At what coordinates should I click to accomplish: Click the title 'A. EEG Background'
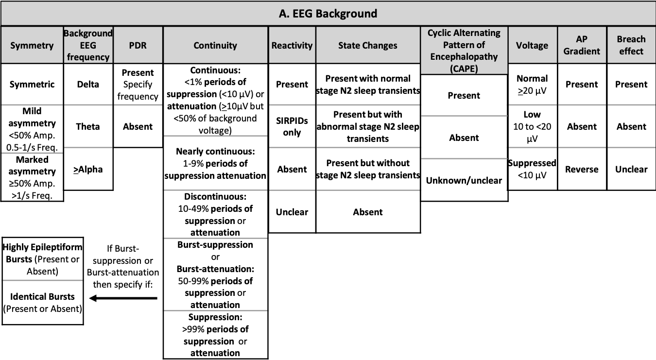pos(328,13)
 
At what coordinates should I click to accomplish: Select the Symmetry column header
pos(32,45)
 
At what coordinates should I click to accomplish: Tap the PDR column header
pos(138,45)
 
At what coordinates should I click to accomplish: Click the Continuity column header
pos(215,45)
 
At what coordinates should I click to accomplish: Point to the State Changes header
pos(368,45)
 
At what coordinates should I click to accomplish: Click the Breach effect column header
pos(631,45)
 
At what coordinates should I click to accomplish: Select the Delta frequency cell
pos(88,84)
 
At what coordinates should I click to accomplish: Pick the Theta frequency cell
pos(88,126)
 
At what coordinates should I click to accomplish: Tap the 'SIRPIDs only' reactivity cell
pos(292,126)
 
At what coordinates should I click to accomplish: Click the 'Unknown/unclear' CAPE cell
pos(464,180)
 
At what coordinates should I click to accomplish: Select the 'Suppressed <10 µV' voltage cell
pos(532,169)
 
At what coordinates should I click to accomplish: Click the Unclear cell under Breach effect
pos(631,169)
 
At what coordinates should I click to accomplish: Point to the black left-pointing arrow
pos(123,298)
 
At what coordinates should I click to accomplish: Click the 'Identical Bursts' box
pos(42,302)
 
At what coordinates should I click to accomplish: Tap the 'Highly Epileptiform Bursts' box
pos(42,258)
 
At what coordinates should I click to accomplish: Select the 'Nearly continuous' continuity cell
pos(215,163)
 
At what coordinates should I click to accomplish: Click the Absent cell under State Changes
pos(368,212)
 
